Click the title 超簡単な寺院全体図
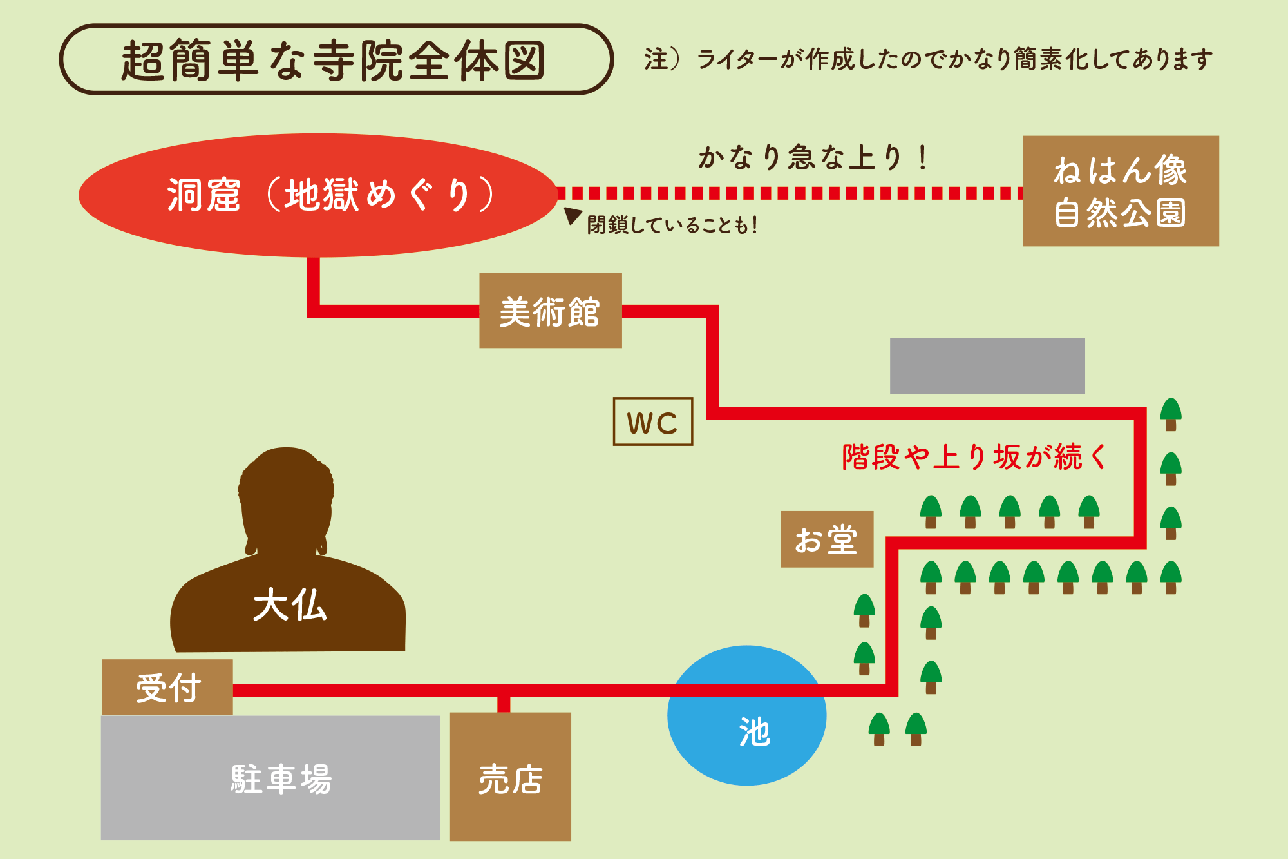(x=335, y=60)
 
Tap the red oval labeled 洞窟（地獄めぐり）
(x=317, y=195)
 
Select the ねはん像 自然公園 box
(x=1120, y=191)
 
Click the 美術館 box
(x=550, y=311)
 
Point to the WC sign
(x=652, y=421)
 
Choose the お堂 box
(x=826, y=539)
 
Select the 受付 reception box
(x=167, y=687)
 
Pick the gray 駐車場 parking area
(x=270, y=778)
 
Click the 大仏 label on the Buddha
(x=290, y=605)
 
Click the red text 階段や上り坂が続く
(x=973, y=457)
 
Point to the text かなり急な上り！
(x=813, y=157)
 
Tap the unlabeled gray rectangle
(x=987, y=365)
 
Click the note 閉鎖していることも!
(x=672, y=225)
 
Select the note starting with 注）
(x=928, y=59)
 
